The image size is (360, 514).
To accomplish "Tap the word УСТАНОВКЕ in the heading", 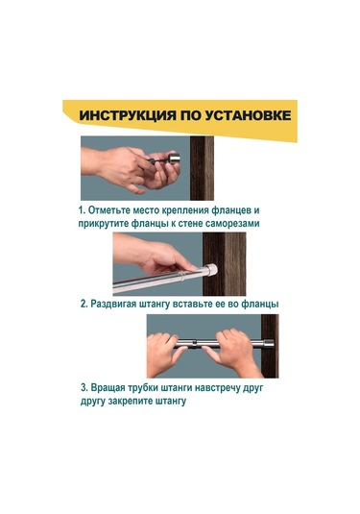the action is click(x=248, y=115).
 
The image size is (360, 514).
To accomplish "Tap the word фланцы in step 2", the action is click(x=260, y=305).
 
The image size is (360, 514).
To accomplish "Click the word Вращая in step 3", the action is click(x=108, y=388).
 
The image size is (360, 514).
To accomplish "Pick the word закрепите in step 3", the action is click(x=131, y=402).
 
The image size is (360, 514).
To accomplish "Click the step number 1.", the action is click(x=81, y=210).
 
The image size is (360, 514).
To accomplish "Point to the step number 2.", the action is click(x=84, y=304).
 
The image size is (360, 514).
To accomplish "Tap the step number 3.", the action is click(x=84, y=388).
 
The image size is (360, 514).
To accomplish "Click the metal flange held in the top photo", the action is click(x=175, y=159).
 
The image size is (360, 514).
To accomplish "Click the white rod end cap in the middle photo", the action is click(x=211, y=270).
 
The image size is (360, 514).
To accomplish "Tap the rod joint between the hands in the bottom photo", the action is click(x=195, y=344).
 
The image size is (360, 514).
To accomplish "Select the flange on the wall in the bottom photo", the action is click(x=269, y=343).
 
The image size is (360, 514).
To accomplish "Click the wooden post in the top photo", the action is click(x=202, y=168).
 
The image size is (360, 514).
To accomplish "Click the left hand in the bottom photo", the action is click(x=163, y=355).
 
